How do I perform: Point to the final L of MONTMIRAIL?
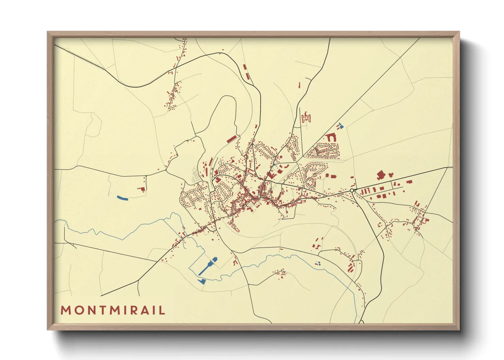[162, 310]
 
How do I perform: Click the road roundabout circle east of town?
[352, 191]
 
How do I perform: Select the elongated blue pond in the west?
[122, 198]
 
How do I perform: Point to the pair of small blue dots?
[319, 263]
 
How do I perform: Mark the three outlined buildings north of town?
[306, 118]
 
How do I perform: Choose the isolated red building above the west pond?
[141, 189]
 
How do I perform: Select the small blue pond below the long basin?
[202, 281]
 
